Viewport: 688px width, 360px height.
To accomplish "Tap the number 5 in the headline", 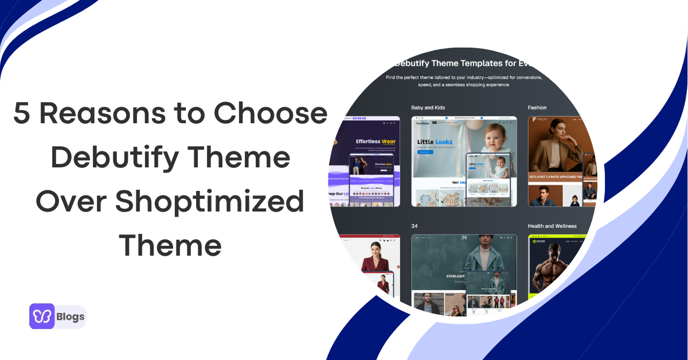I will pyautogui.click(x=22, y=114).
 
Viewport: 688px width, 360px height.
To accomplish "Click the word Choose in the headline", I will pyautogui.click(x=271, y=114).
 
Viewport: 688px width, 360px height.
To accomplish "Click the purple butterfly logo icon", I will pyautogui.click(x=42, y=316).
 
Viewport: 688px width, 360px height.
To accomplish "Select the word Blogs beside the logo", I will pyautogui.click(x=71, y=316).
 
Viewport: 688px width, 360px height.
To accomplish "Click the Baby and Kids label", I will pyautogui.click(x=428, y=108).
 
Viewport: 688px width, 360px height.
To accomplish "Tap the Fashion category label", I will pyautogui.click(x=537, y=108).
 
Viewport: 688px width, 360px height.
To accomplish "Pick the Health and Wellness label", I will pyautogui.click(x=552, y=226).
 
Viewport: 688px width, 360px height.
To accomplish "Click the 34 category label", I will pyautogui.click(x=415, y=226).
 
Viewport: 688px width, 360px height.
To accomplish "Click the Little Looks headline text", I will pyautogui.click(x=435, y=142).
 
